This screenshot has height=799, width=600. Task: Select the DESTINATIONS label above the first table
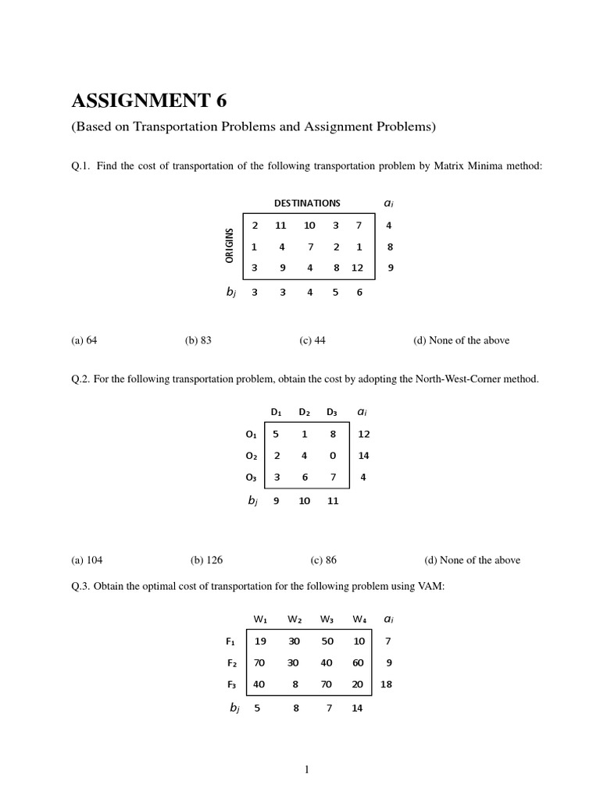pyautogui.click(x=307, y=203)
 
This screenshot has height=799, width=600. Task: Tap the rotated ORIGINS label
pyautogui.click(x=230, y=245)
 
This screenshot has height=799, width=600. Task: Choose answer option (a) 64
pyautogui.click(x=84, y=340)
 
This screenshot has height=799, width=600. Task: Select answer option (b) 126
pyautogui.click(x=206, y=559)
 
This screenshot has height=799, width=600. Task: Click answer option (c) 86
pyautogui.click(x=323, y=559)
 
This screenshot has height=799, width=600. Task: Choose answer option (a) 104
pyautogui.click(x=87, y=559)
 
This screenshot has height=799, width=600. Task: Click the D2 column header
pyautogui.click(x=304, y=412)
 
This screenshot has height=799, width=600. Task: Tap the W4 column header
pyautogui.click(x=359, y=620)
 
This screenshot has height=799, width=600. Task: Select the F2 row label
pyautogui.click(x=231, y=663)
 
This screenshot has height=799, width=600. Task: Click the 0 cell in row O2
pyautogui.click(x=333, y=456)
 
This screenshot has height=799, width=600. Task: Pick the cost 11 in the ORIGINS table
pyautogui.click(x=280, y=225)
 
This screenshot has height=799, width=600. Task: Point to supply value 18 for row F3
pyautogui.click(x=386, y=684)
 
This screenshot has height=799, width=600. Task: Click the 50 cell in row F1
pyautogui.click(x=327, y=641)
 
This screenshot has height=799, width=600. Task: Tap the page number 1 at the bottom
pyautogui.click(x=307, y=769)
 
